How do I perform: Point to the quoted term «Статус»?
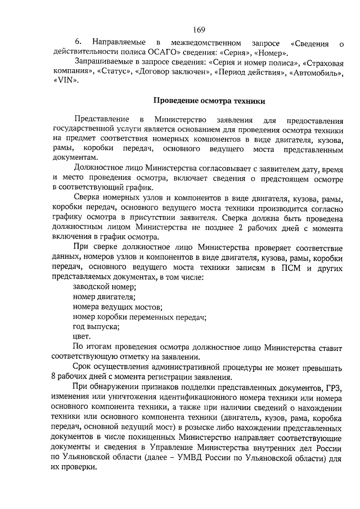pyautogui.click(x=115, y=73)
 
